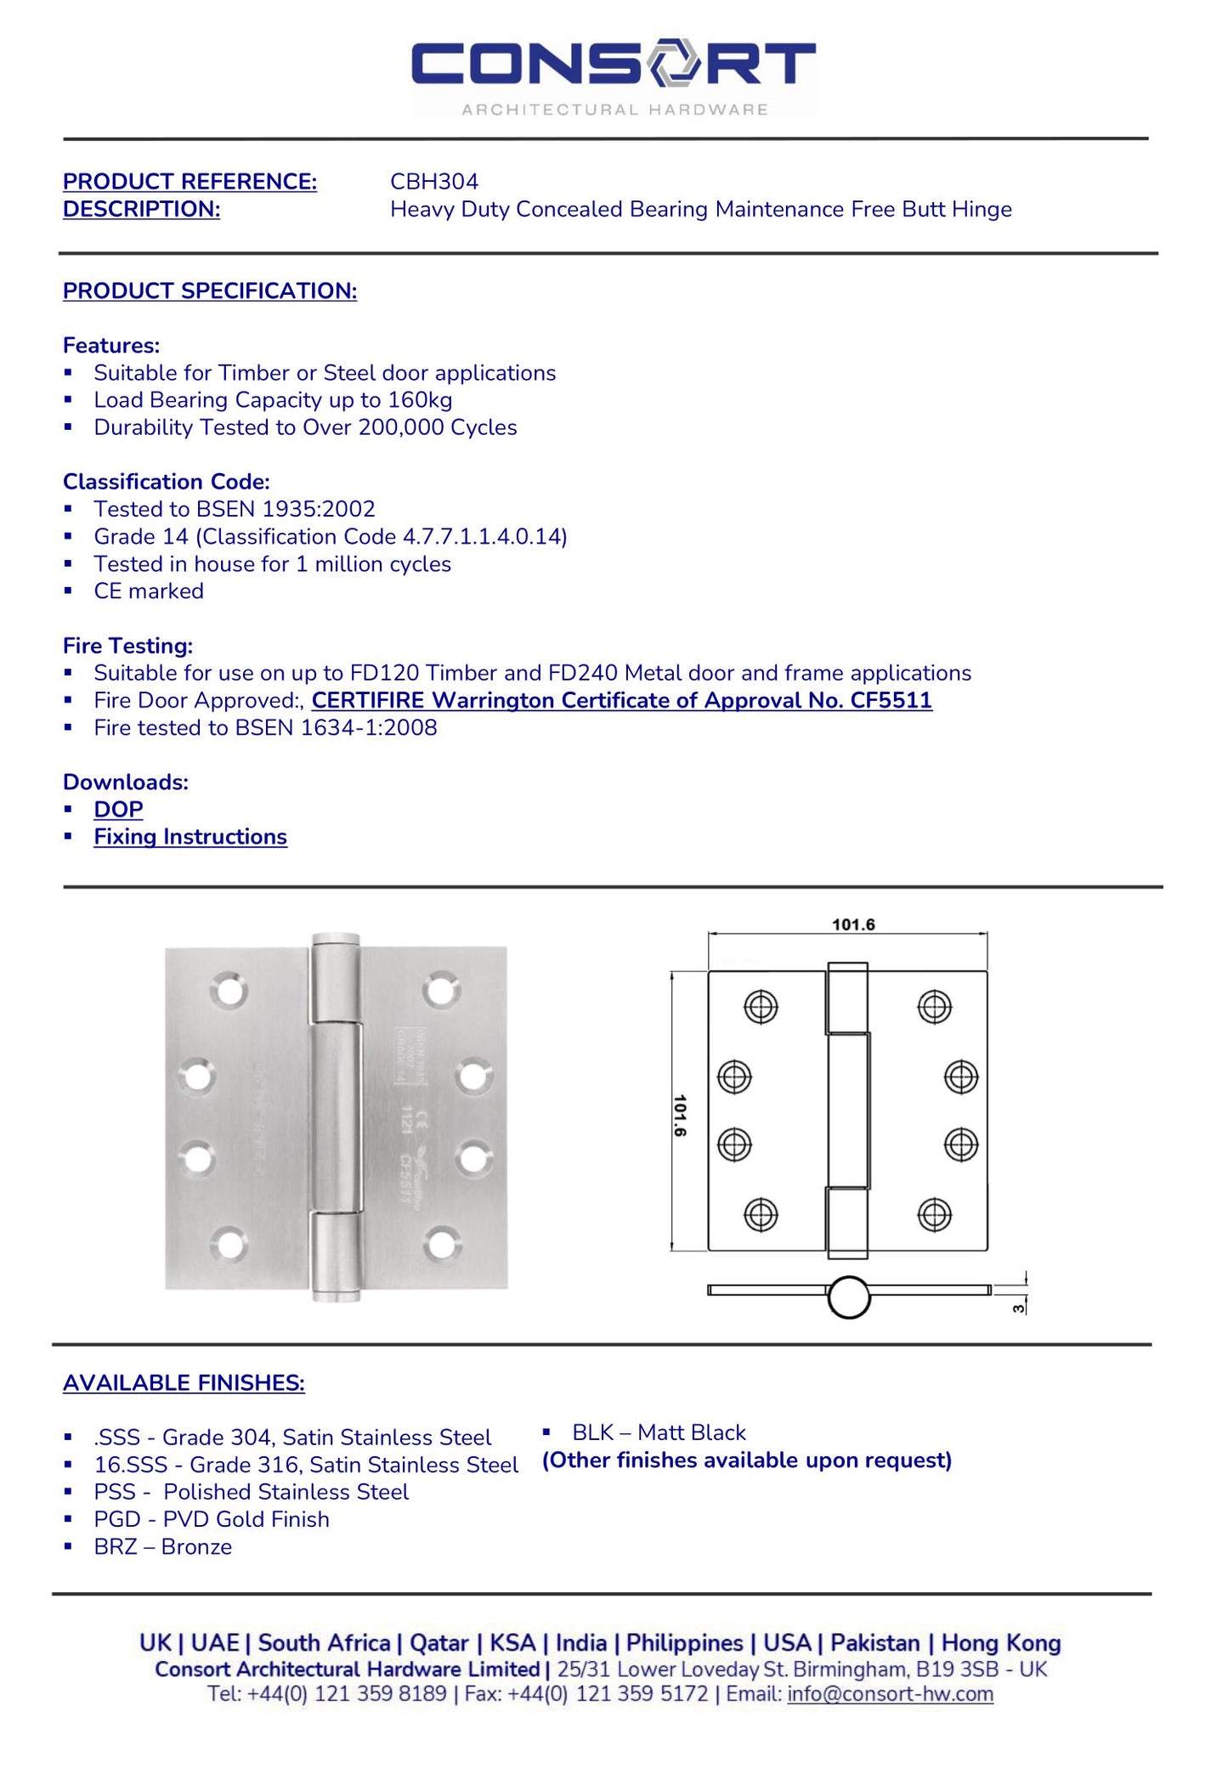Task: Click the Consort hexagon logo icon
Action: tap(674, 62)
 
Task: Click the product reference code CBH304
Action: tap(433, 181)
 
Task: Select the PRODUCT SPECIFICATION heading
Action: tap(209, 291)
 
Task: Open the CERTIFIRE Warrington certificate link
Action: tap(621, 700)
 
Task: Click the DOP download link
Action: tap(118, 810)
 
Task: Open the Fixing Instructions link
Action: tap(190, 837)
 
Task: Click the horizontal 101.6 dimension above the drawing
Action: tap(852, 924)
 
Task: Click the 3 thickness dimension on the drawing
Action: tap(1018, 1308)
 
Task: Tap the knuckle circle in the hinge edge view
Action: tap(848, 1297)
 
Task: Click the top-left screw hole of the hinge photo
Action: tap(229, 992)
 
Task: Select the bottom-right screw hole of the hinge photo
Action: tap(443, 1245)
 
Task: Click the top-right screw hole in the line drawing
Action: tap(934, 1007)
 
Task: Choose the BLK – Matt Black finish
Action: tap(658, 1432)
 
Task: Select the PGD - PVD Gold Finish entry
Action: tap(212, 1519)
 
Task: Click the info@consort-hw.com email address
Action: tap(890, 1693)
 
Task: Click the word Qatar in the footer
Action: tap(439, 1642)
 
